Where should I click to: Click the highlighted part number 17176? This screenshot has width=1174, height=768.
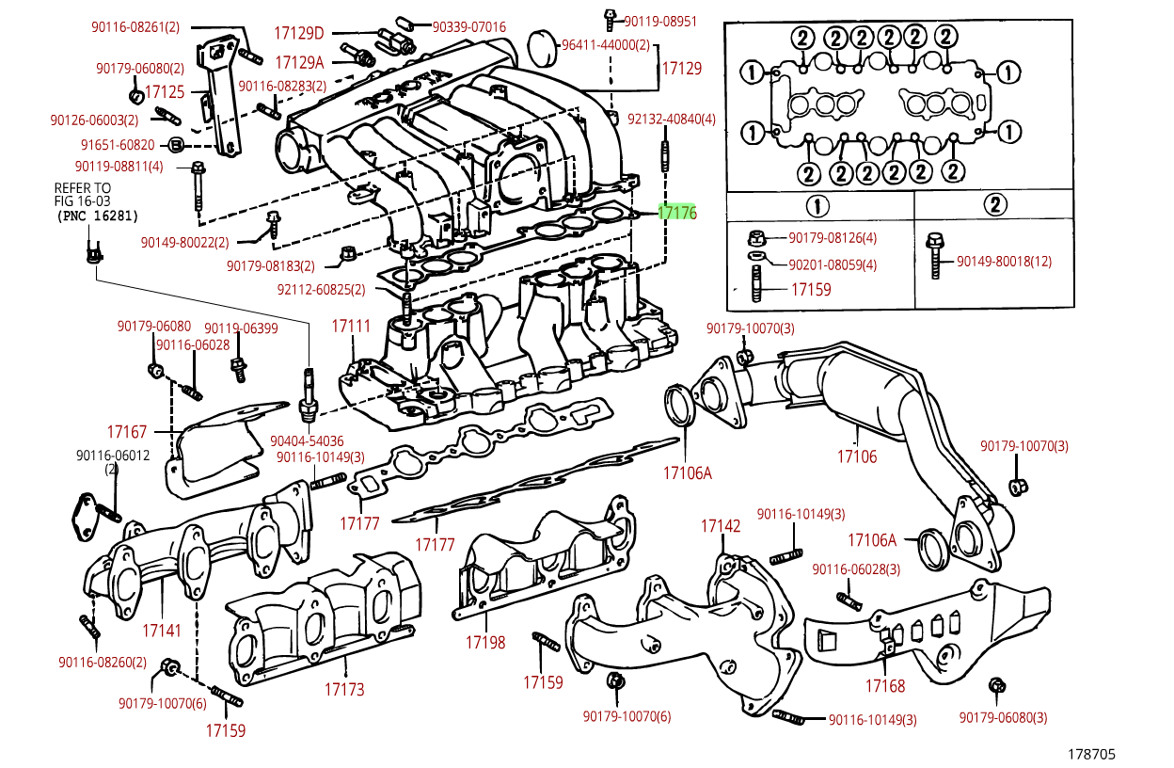[677, 213]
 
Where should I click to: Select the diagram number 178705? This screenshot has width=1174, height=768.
[1090, 754]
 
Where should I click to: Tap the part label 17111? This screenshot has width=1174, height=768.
[351, 327]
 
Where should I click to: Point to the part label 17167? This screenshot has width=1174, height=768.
[127, 432]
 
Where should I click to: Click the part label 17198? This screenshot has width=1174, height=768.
[485, 643]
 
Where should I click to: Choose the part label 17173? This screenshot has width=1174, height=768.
[344, 690]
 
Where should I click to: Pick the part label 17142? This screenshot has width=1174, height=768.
[721, 526]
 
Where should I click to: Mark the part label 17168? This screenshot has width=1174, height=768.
[885, 686]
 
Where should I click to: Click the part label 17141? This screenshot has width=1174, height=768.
[162, 631]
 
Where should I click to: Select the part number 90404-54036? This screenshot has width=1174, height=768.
[307, 440]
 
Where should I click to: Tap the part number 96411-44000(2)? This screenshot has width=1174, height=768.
[605, 45]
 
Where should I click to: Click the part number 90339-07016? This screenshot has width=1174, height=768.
[468, 26]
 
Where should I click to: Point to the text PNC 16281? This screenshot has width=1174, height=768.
[98, 216]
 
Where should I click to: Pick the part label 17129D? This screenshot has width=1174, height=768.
[299, 34]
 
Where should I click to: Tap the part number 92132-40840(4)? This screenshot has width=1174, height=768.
[672, 120]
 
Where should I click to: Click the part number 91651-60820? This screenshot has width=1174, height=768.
[118, 145]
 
